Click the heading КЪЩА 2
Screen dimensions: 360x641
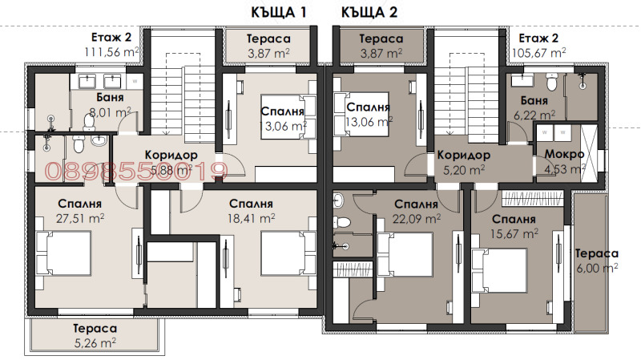369,12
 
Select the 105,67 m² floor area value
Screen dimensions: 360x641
538,51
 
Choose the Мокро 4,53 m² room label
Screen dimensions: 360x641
564,160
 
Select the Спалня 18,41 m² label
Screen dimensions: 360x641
251,210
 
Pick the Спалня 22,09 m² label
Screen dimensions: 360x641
416,210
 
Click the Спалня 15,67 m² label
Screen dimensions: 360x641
514,224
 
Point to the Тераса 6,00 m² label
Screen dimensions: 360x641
596,261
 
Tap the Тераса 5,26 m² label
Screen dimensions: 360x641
95,336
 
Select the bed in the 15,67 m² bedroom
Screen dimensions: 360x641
498,269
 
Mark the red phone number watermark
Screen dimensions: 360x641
137,169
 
